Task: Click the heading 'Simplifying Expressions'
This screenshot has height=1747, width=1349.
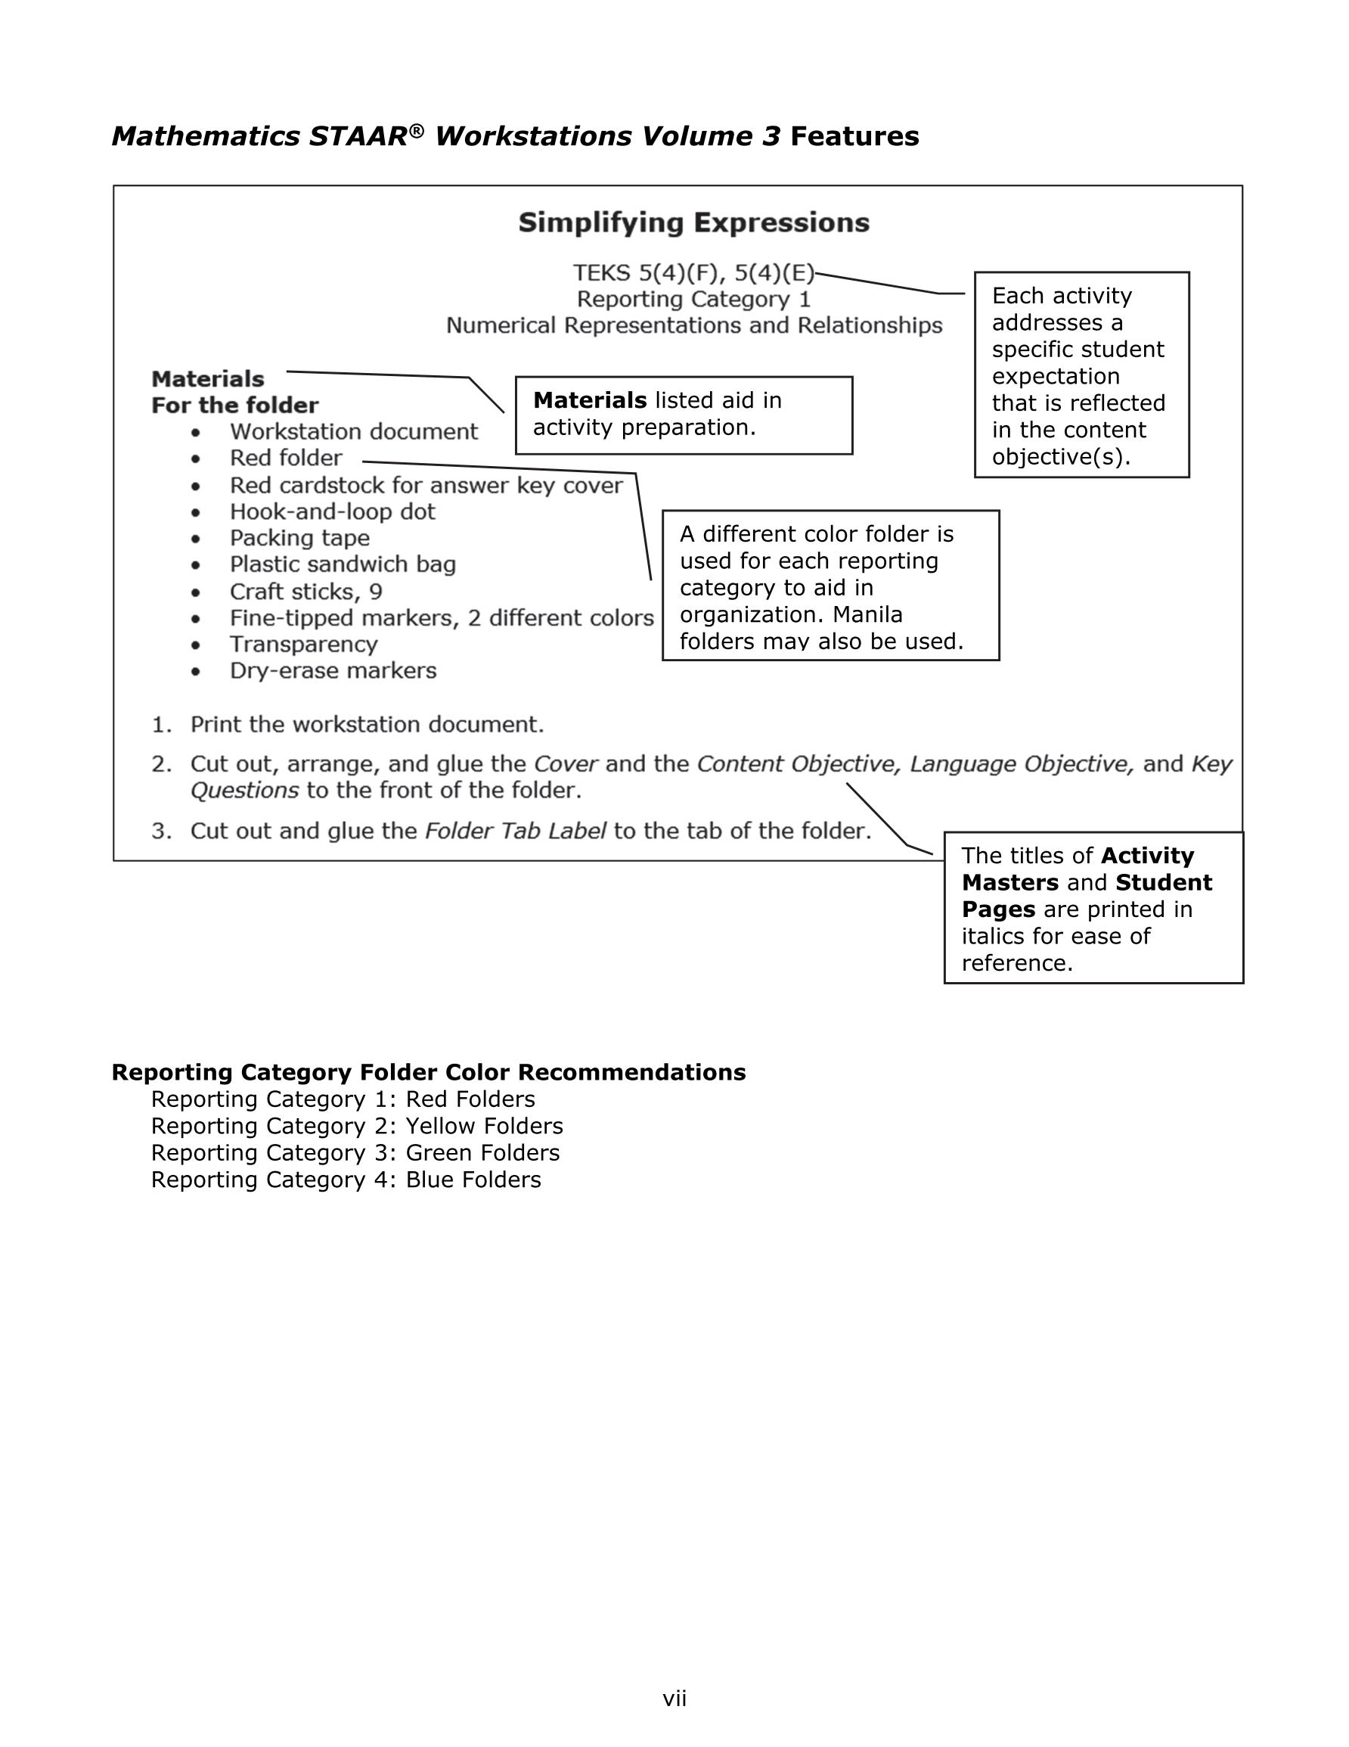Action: point(693,222)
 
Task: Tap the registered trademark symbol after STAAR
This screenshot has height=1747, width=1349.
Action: point(416,129)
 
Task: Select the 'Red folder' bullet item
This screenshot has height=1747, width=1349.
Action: point(286,458)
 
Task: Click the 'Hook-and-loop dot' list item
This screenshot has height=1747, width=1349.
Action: point(332,512)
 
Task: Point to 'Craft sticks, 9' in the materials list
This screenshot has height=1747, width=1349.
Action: point(305,592)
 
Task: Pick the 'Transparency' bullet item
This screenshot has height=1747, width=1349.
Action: point(303,644)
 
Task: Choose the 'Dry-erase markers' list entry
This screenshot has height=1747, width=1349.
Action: point(333,670)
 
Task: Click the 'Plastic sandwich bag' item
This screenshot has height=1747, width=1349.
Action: point(343,564)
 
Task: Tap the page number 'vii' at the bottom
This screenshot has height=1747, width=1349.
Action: point(674,1699)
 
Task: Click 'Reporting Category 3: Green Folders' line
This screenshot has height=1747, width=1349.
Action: point(355,1152)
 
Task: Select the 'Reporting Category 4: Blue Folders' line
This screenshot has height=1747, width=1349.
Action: point(346,1180)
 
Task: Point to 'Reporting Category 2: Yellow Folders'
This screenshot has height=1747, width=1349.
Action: point(357,1127)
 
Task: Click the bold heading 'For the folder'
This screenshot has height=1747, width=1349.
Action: point(234,406)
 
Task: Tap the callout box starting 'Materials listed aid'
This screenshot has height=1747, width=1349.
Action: point(684,415)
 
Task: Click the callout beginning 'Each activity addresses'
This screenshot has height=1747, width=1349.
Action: point(1081,375)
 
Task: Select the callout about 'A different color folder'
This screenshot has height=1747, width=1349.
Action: point(830,586)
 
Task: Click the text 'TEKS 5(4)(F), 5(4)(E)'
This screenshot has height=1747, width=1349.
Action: point(693,274)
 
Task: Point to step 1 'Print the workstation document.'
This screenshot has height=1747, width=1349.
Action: point(366,725)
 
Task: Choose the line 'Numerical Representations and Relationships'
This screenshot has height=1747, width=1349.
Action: point(693,325)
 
